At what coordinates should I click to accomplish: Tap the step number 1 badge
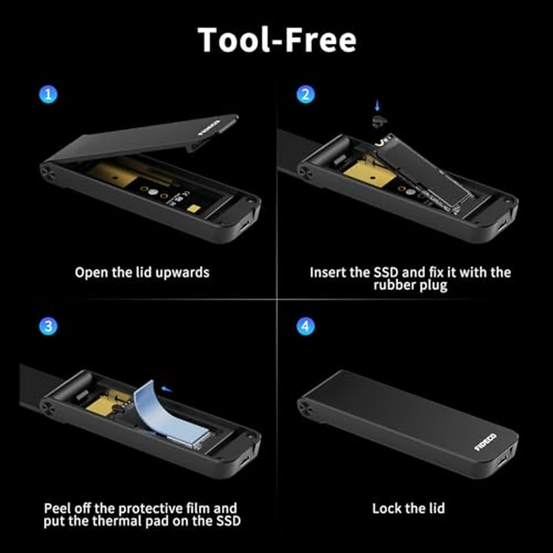coord(50,95)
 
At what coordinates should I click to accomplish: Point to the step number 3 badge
coord(50,325)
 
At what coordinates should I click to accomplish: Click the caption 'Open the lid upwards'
coord(142,273)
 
